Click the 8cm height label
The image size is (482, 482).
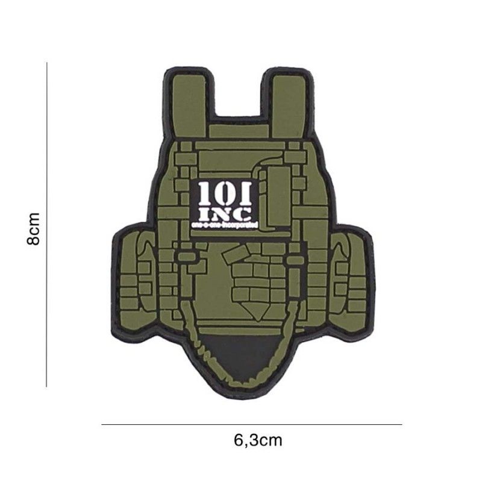click(x=34, y=228)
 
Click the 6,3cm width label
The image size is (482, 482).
click(x=257, y=440)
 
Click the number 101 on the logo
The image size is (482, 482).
click(x=224, y=194)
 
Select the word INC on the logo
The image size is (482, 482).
click(x=224, y=213)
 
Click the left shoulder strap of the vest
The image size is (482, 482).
click(x=189, y=99)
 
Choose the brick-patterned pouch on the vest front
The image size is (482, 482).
click(x=256, y=280)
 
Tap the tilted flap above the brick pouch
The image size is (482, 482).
click(x=244, y=254)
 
